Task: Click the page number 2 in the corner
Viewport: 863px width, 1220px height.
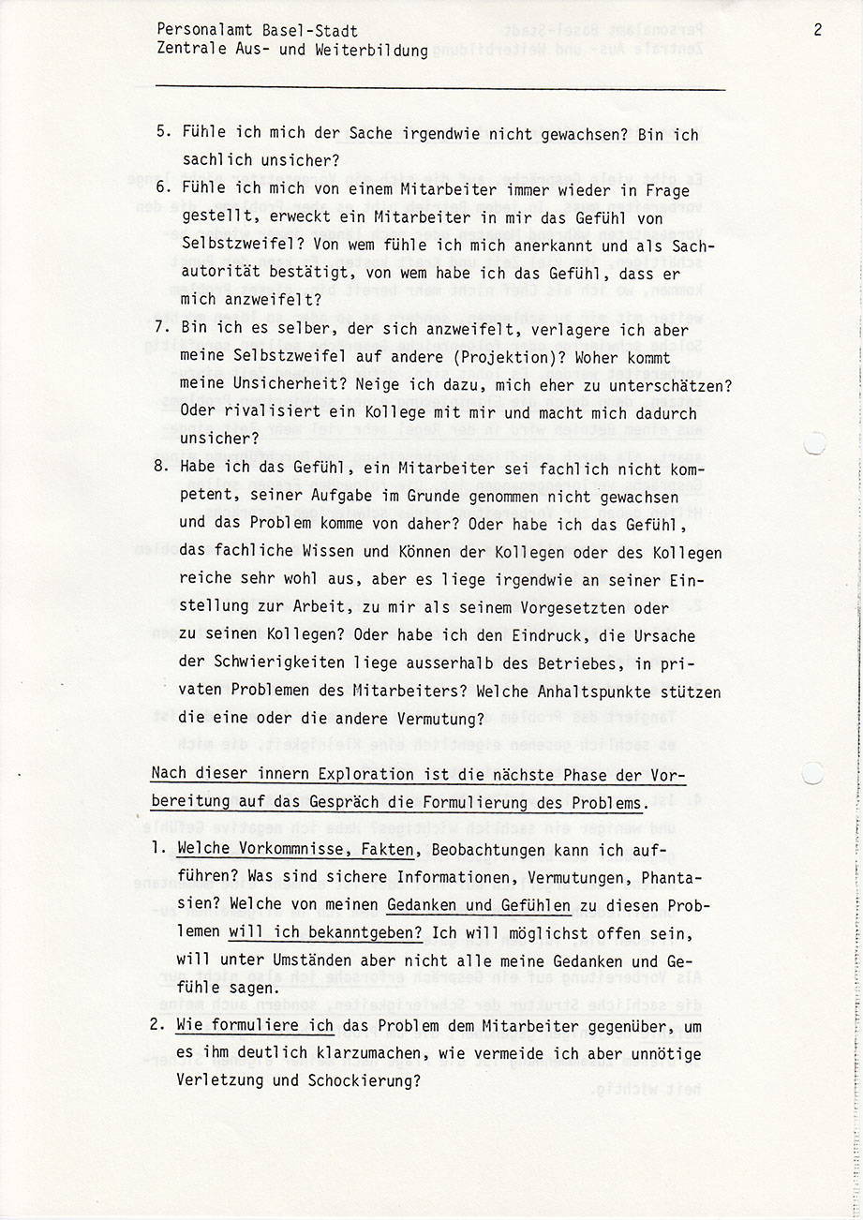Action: point(817,30)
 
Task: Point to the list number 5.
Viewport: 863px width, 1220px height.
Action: point(161,134)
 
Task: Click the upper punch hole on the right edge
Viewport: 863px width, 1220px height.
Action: point(813,442)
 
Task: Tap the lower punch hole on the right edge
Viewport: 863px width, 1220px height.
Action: point(813,772)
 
